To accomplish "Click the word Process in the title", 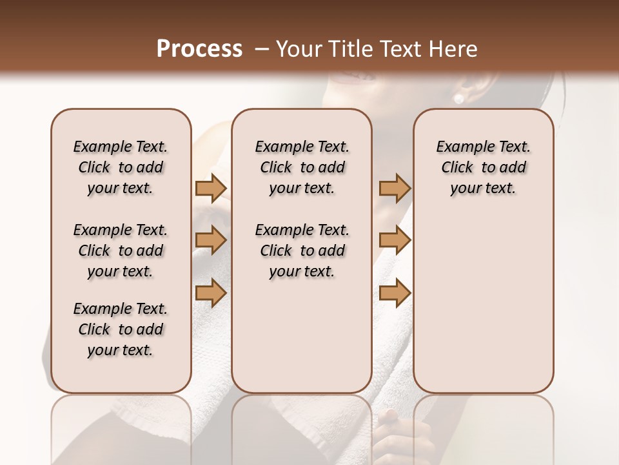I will point(199,48).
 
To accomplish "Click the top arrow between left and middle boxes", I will point(211,188).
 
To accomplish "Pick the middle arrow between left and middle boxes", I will point(211,240).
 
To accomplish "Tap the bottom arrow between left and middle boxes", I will point(211,293).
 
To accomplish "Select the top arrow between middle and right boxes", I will point(395,188).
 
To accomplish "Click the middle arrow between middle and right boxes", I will point(395,240).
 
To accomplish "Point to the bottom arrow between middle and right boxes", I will point(395,293).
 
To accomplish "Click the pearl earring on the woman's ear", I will point(459,98).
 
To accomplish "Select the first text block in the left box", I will point(121,167).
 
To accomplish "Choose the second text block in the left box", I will point(121,251).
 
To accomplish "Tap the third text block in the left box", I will point(121,329).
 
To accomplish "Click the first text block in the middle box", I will point(302,167).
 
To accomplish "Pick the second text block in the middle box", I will point(302,251).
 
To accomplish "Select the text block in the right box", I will point(484,167).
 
